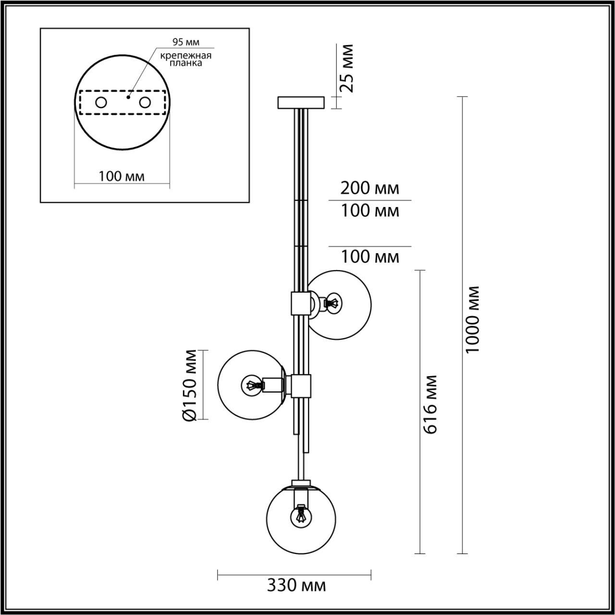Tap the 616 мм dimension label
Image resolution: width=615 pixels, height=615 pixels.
pyautogui.click(x=430, y=405)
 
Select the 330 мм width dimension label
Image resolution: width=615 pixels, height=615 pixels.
pyautogui.click(x=296, y=585)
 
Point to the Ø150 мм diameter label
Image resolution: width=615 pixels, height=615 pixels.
pyautogui.click(x=190, y=385)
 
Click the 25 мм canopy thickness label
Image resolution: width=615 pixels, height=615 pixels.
pyautogui.click(x=346, y=68)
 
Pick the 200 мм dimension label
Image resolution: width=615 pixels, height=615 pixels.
pyautogui.click(x=369, y=188)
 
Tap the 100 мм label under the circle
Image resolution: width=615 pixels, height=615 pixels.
pyautogui.click(x=122, y=176)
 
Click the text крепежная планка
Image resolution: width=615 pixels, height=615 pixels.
pyautogui.click(x=186, y=59)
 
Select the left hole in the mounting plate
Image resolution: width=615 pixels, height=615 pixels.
pyautogui.click(x=101, y=102)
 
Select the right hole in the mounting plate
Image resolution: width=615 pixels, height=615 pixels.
pyautogui.click(x=145, y=102)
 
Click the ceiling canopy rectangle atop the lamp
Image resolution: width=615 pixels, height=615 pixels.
pyautogui.click(x=301, y=103)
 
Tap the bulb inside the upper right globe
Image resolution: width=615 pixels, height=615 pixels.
pyautogui.click(x=332, y=303)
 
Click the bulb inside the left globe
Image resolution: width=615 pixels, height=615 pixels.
pyautogui.click(x=253, y=384)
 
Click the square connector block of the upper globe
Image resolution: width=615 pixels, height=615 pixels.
pyautogui.click(x=300, y=303)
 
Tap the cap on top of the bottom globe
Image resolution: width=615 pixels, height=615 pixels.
pyautogui.click(x=301, y=483)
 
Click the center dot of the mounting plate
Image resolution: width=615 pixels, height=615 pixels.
pyautogui.click(x=128, y=97)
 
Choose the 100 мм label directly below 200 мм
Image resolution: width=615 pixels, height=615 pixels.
pyautogui.click(x=370, y=210)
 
